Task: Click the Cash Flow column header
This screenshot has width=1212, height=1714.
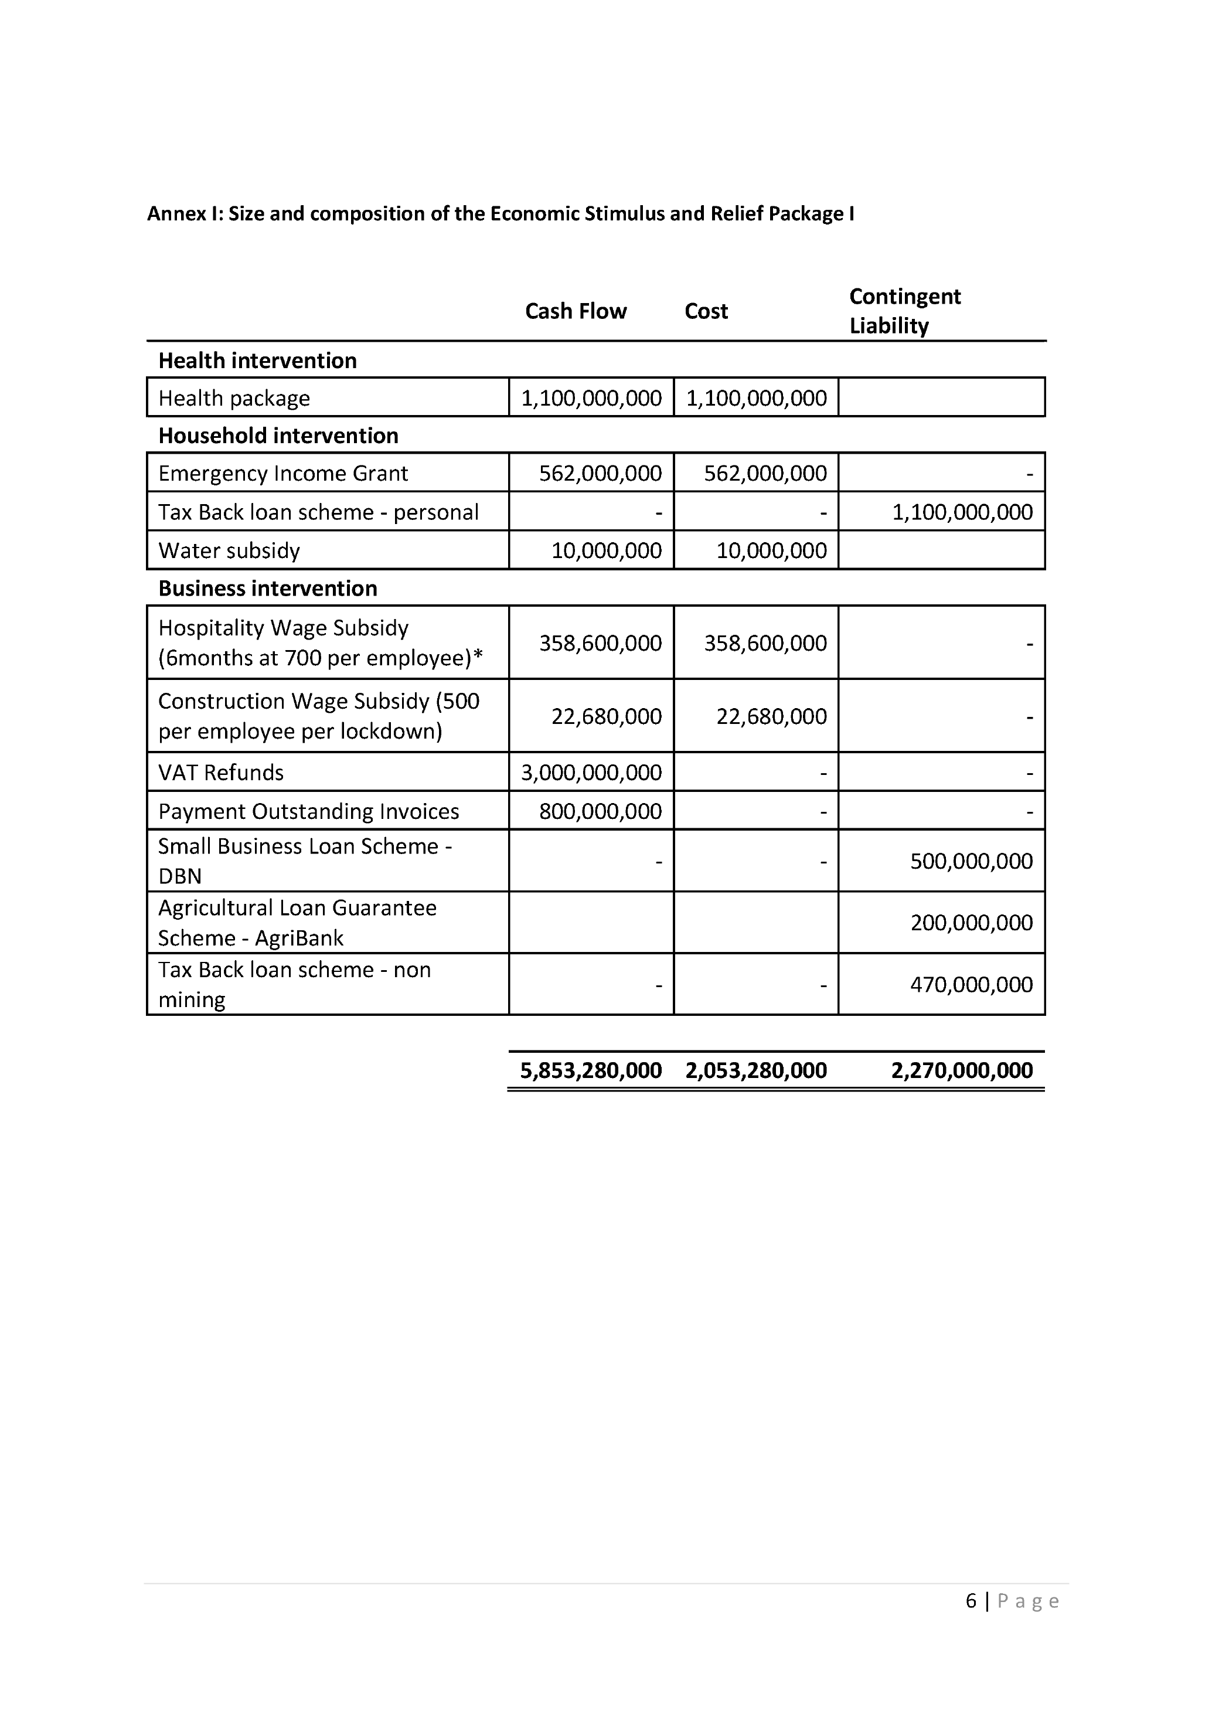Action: coord(576,311)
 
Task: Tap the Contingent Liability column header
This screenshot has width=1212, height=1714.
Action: coord(904,311)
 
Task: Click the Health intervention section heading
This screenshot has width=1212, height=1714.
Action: coord(257,361)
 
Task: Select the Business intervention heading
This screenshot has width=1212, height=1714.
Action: coord(267,589)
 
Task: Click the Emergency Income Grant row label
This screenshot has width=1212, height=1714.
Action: coord(283,473)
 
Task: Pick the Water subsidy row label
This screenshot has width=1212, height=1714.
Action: coord(229,550)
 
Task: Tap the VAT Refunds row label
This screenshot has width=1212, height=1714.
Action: coord(220,772)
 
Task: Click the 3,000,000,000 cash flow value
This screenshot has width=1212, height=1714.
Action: coord(591,772)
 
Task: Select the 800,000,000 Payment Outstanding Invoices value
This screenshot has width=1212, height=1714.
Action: coord(600,811)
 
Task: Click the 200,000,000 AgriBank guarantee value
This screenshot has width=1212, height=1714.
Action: coord(971,923)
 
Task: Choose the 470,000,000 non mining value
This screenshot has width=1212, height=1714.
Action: coord(971,985)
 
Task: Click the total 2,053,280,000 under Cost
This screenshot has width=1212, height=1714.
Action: coord(755,1070)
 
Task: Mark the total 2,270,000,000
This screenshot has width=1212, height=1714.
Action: coord(961,1070)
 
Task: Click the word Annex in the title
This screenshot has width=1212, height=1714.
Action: coord(177,215)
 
